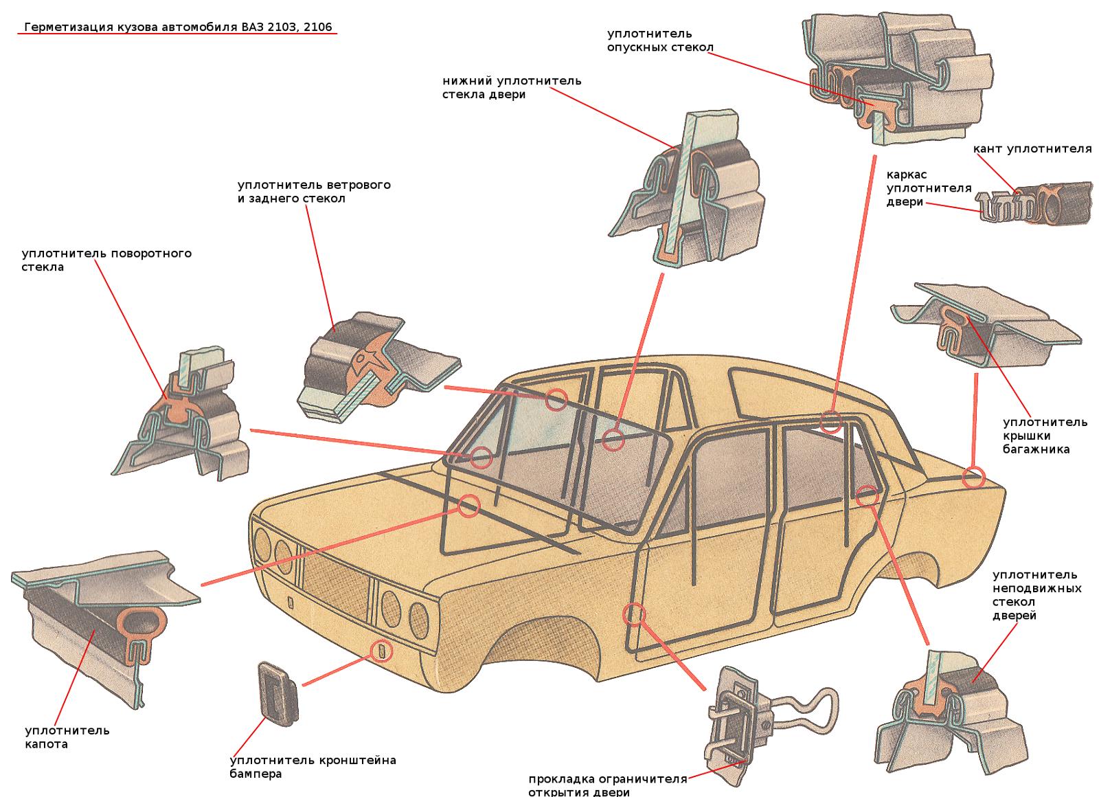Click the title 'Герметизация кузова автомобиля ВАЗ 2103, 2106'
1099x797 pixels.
(178, 27)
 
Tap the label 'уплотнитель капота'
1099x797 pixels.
(67, 737)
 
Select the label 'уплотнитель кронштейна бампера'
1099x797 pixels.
(313, 767)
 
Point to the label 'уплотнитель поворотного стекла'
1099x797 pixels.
(106, 260)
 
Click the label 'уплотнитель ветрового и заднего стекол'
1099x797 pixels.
(314, 192)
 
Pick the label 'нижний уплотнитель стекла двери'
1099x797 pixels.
(512, 87)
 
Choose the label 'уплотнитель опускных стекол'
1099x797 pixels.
(660, 41)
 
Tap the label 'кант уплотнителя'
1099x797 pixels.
(1032, 148)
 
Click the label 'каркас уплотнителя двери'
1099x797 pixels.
(929, 188)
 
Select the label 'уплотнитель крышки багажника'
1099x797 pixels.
(1045, 436)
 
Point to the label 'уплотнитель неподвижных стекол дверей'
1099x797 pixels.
(1036, 595)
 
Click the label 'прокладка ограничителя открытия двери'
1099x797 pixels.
(607, 786)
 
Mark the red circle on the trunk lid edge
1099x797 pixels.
(973, 477)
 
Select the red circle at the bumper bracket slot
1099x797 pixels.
(382, 651)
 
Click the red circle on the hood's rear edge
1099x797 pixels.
(468, 506)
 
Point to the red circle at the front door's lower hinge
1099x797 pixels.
(635, 614)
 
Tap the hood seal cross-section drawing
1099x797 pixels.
(106, 629)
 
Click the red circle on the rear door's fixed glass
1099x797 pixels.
(868, 496)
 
